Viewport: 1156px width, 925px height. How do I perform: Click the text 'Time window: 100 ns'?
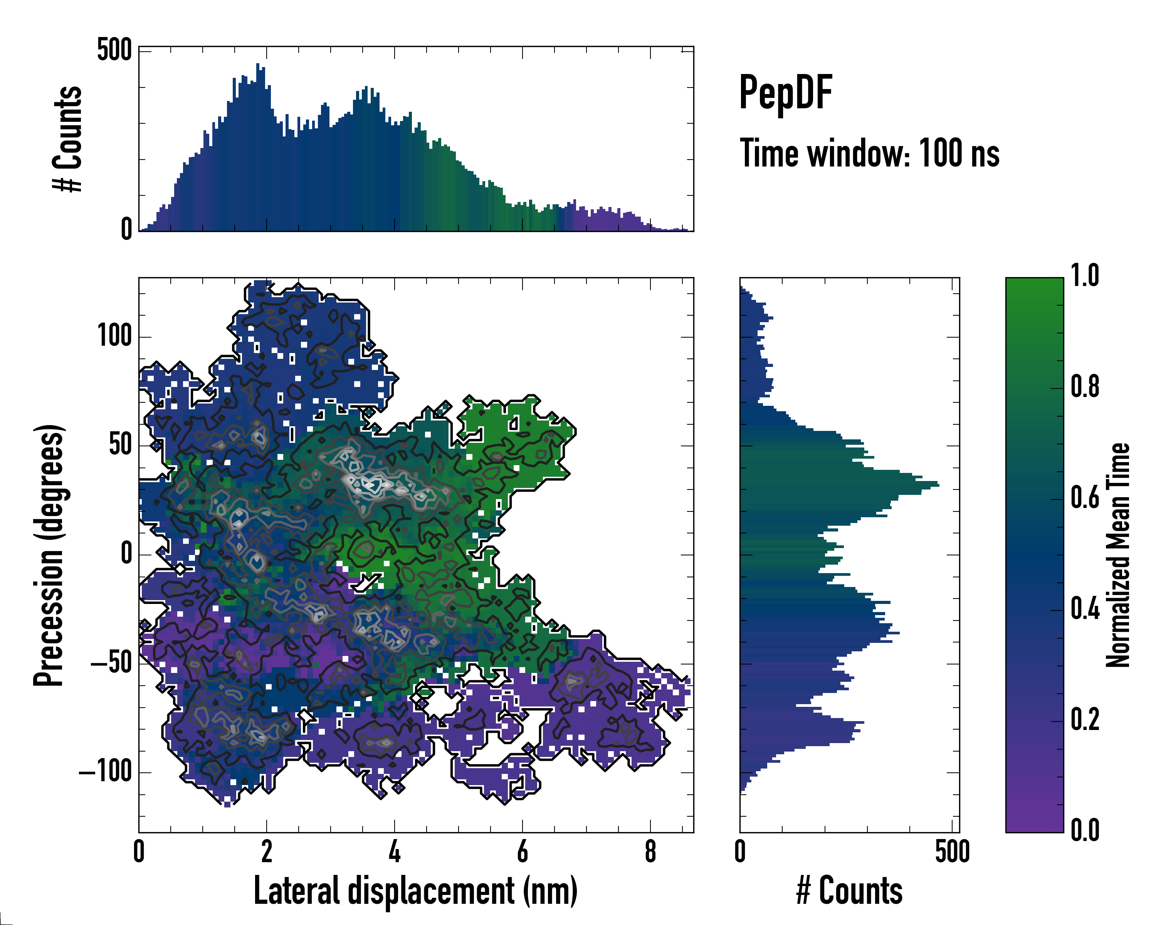pyautogui.click(x=869, y=153)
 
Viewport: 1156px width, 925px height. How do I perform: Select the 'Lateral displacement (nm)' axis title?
pyautogui.click(x=415, y=891)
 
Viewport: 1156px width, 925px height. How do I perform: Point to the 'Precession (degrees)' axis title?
pyautogui.click(x=49, y=555)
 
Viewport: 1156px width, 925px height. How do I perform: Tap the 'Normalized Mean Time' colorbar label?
pyautogui.click(x=1118, y=555)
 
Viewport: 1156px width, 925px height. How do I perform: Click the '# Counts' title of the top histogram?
pyautogui.click(x=67, y=139)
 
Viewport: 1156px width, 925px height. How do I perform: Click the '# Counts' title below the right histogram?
pyautogui.click(x=849, y=891)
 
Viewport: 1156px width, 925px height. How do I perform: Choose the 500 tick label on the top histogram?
pyautogui.click(x=114, y=50)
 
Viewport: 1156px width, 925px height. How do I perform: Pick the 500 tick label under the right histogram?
pyautogui.click(x=952, y=853)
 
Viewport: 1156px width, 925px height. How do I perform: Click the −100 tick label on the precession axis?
pyautogui.click(x=106, y=772)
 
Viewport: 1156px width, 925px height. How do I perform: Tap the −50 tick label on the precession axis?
pyautogui.click(x=111, y=663)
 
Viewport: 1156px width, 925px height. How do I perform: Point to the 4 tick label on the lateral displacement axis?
pyautogui.click(x=394, y=853)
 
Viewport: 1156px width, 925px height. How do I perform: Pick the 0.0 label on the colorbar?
pyautogui.click(x=1085, y=830)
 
